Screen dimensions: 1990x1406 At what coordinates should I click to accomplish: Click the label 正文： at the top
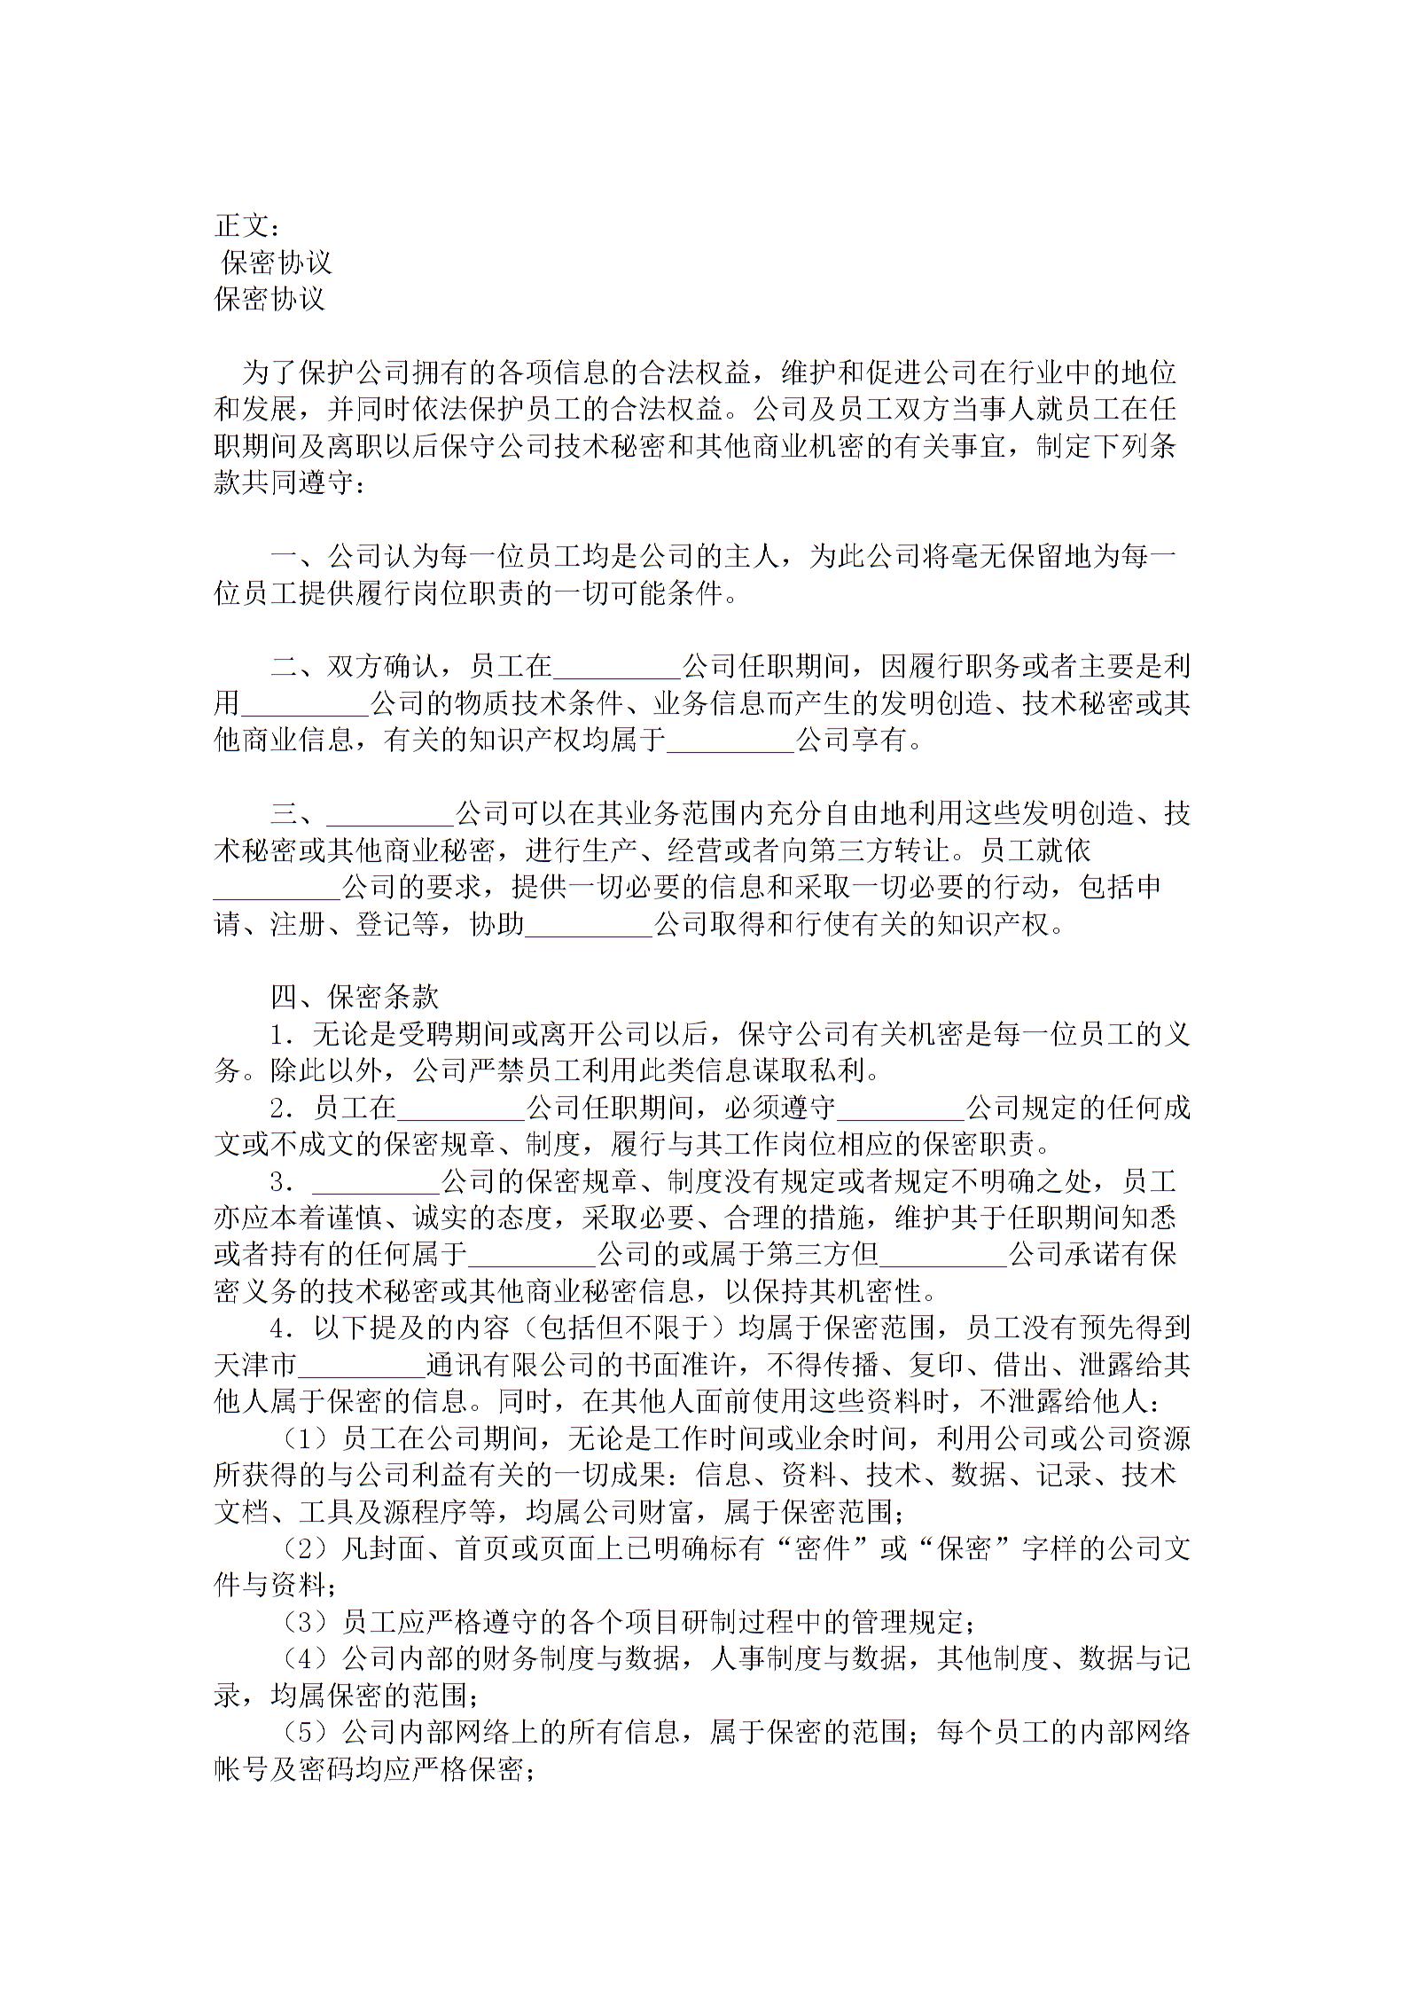248,226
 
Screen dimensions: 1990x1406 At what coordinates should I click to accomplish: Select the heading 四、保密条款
355,997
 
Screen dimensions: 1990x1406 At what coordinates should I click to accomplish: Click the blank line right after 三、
390,814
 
